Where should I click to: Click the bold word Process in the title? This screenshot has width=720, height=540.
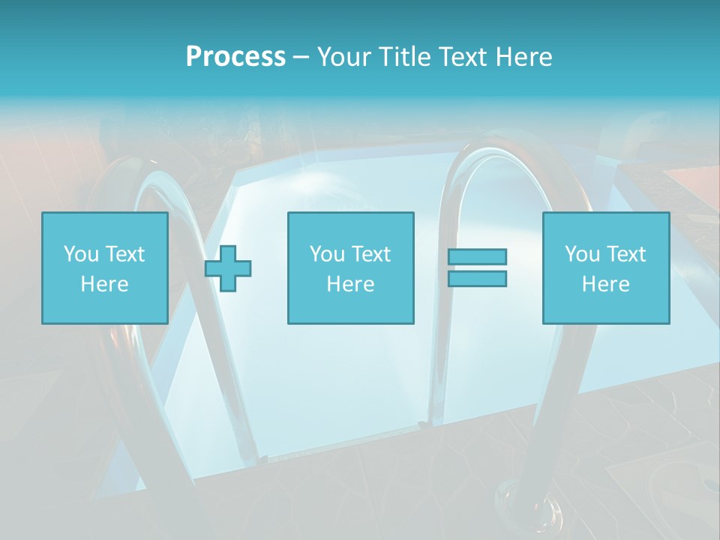pyautogui.click(x=235, y=57)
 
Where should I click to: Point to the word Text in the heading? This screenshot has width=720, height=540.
pyautogui.click(x=462, y=57)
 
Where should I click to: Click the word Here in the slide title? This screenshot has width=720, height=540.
pyautogui.click(x=523, y=57)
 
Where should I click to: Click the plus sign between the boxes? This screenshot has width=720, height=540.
pyautogui.click(x=228, y=268)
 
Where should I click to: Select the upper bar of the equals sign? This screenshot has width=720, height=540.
pyautogui.click(x=477, y=256)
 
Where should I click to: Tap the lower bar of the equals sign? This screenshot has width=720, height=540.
pyautogui.click(x=477, y=278)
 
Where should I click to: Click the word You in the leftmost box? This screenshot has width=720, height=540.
pyautogui.click(x=81, y=254)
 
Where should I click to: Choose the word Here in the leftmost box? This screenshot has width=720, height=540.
pyautogui.click(x=104, y=284)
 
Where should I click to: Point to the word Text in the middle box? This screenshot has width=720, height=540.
pyautogui.click(x=371, y=254)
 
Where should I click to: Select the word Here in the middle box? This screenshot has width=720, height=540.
pyautogui.click(x=350, y=284)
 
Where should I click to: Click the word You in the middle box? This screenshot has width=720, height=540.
pyautogui.click(x=327, y=254)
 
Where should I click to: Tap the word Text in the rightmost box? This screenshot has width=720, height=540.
pyautogui.click(x=626, y=254)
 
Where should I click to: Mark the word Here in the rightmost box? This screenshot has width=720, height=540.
pyautogui.click(x=605, y=284)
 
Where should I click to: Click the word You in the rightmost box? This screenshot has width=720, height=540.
pyautogui.click(x=582, y=254)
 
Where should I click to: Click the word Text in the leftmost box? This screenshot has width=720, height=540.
pyautogui.click(x=125, y=254)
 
